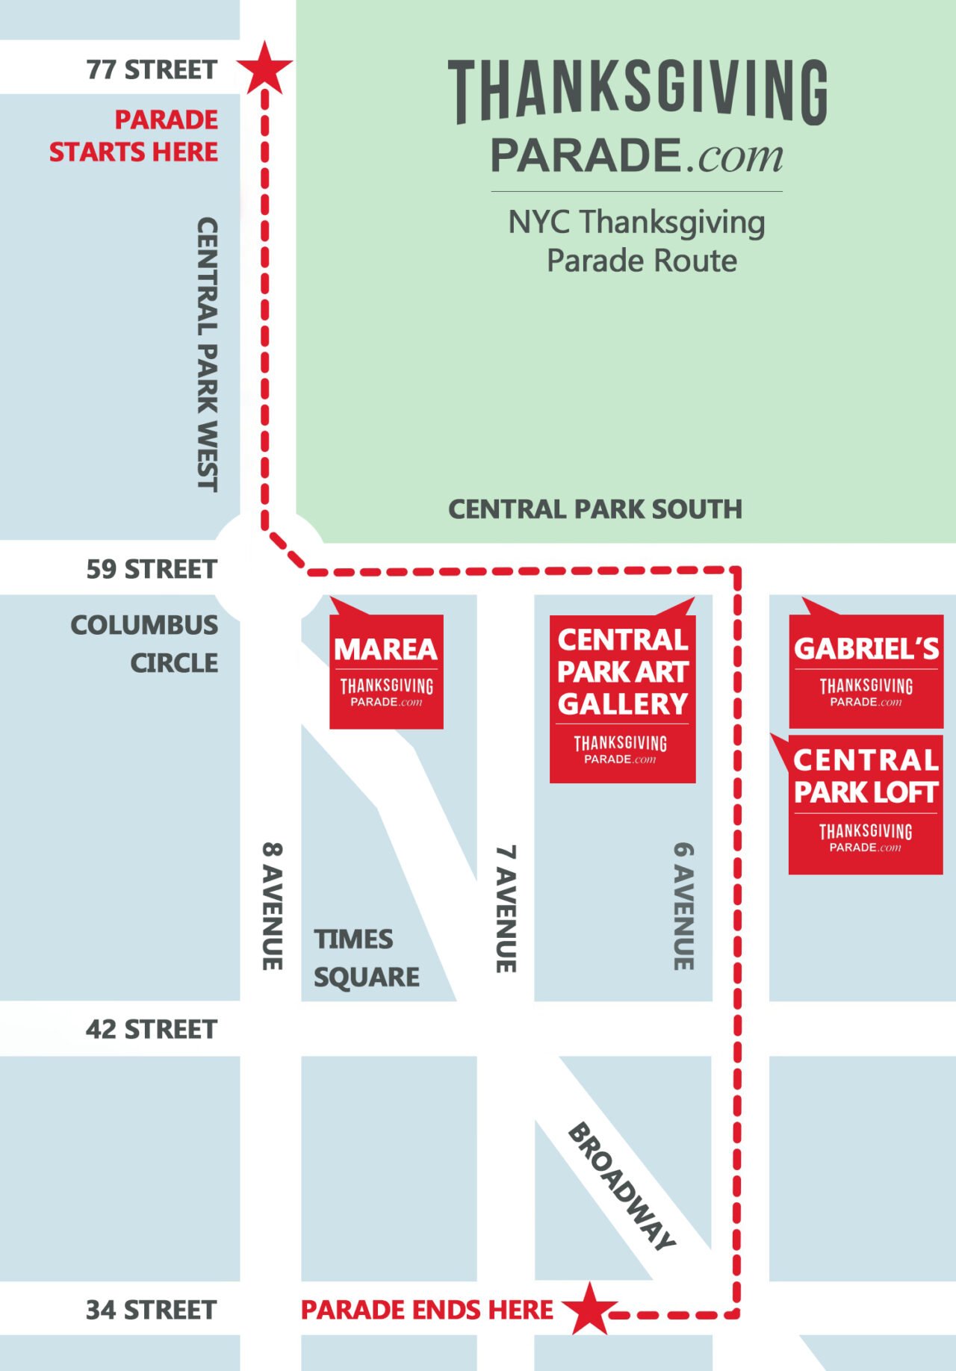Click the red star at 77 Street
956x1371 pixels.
[x=264, y=68]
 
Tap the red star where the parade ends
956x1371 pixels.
[x=590, y=1309]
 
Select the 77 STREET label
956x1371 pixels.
[x=152, y=69]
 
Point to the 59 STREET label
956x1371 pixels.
[x=152, y=569]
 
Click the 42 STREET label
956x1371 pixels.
[x=152, y=1029]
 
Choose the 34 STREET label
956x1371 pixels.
[x=152, y=1310]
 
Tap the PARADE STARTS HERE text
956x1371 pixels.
[x=134, y=136]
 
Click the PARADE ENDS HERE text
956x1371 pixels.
[x=427, y=1310]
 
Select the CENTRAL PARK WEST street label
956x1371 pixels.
[x=207, y=354]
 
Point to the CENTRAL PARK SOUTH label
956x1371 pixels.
[x=595, y=509]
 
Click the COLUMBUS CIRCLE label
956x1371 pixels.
[x=146, y=644]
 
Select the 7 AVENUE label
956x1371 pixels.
[x=506, y=908]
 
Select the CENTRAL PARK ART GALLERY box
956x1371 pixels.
[x=622, y=698]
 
